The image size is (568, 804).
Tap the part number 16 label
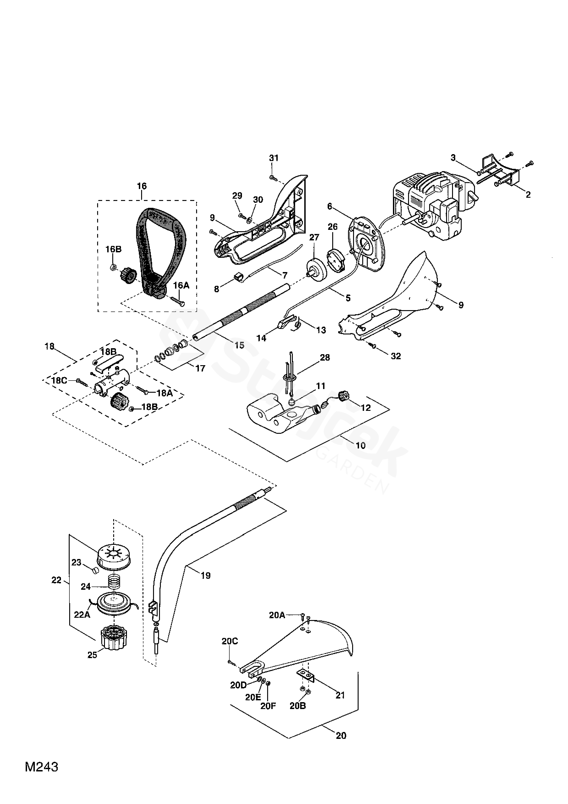tap(142, 186)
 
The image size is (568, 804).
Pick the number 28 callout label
tap(325, 358)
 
